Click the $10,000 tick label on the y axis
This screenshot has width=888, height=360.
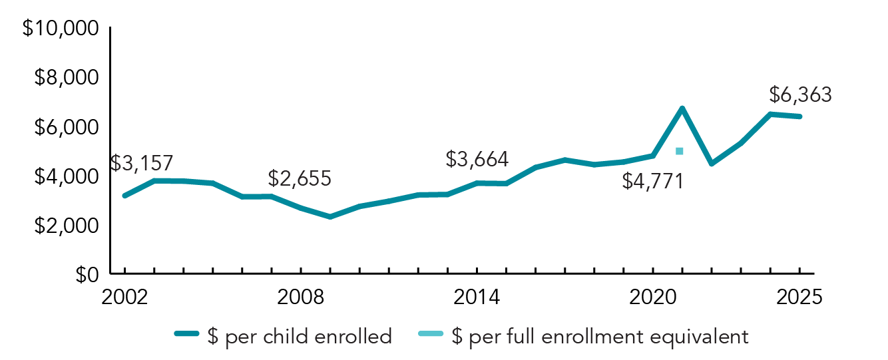point(61,29)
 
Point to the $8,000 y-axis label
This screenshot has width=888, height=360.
point(66,78)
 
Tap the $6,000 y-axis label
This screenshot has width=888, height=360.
point(66,127)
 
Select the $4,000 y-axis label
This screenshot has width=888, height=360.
point(66,176)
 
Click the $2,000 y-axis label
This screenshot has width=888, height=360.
point(66,226)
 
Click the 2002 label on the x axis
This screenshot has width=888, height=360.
point(124,297)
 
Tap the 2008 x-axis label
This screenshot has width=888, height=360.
point(300,297)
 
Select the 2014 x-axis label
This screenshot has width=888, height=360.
point(477,297)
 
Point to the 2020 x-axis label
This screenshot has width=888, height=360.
point(652,297)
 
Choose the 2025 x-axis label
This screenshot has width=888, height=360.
point(799,297)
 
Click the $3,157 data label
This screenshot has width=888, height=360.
point(142,163)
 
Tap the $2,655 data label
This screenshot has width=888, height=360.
point(300,178)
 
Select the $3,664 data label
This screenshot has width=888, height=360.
point(477,160)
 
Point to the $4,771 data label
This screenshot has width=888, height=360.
point(653,181)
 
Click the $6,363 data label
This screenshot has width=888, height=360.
point(800,95)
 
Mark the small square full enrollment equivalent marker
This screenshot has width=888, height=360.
point(679,151)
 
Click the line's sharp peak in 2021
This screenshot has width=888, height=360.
point(682,108)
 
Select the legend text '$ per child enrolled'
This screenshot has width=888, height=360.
point(308,336)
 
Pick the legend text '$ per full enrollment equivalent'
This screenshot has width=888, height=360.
point(600,336)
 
